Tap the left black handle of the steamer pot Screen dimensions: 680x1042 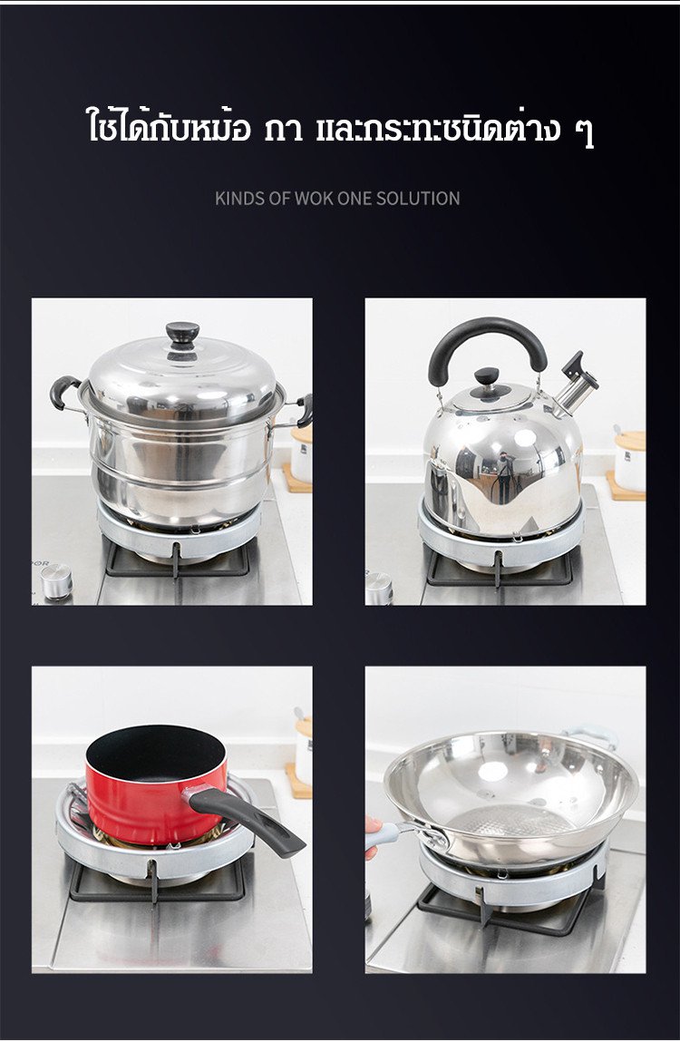tap(63, 392)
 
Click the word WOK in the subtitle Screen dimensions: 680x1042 tap(314, 198)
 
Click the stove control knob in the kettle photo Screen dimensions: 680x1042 tap(379, 589)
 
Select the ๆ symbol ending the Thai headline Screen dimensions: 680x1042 tap(584, 131)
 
